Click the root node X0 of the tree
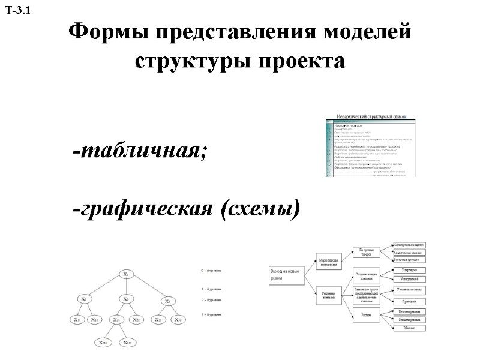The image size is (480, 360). click(x=126, y=275)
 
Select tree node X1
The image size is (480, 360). click(x=84, y=298)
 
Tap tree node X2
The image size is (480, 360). click(x=126, y=298)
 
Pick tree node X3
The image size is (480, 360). click(x=168, y=301)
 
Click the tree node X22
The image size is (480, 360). click(x=136, y=320)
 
